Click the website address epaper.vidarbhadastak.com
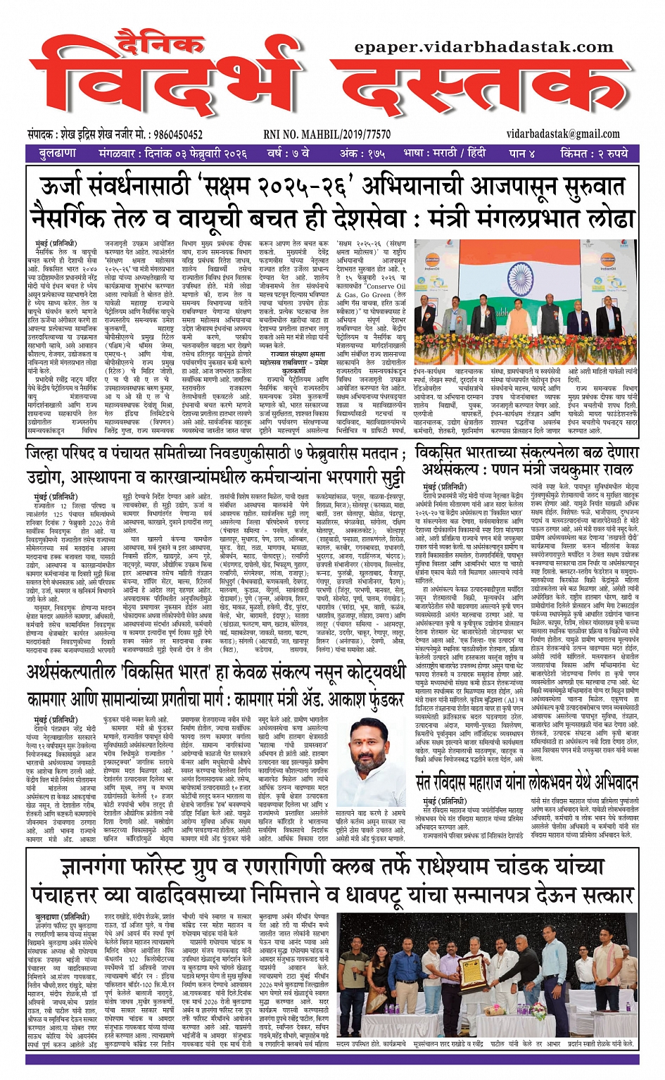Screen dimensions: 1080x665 (x=484, y=47)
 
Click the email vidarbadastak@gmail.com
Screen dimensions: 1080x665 (x=563, y=134)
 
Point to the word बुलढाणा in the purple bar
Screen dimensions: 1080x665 (x=58, y=153)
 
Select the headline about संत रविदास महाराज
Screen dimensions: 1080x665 (x=526, y=782)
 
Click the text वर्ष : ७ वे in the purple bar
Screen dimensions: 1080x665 (x=287, y=153)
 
